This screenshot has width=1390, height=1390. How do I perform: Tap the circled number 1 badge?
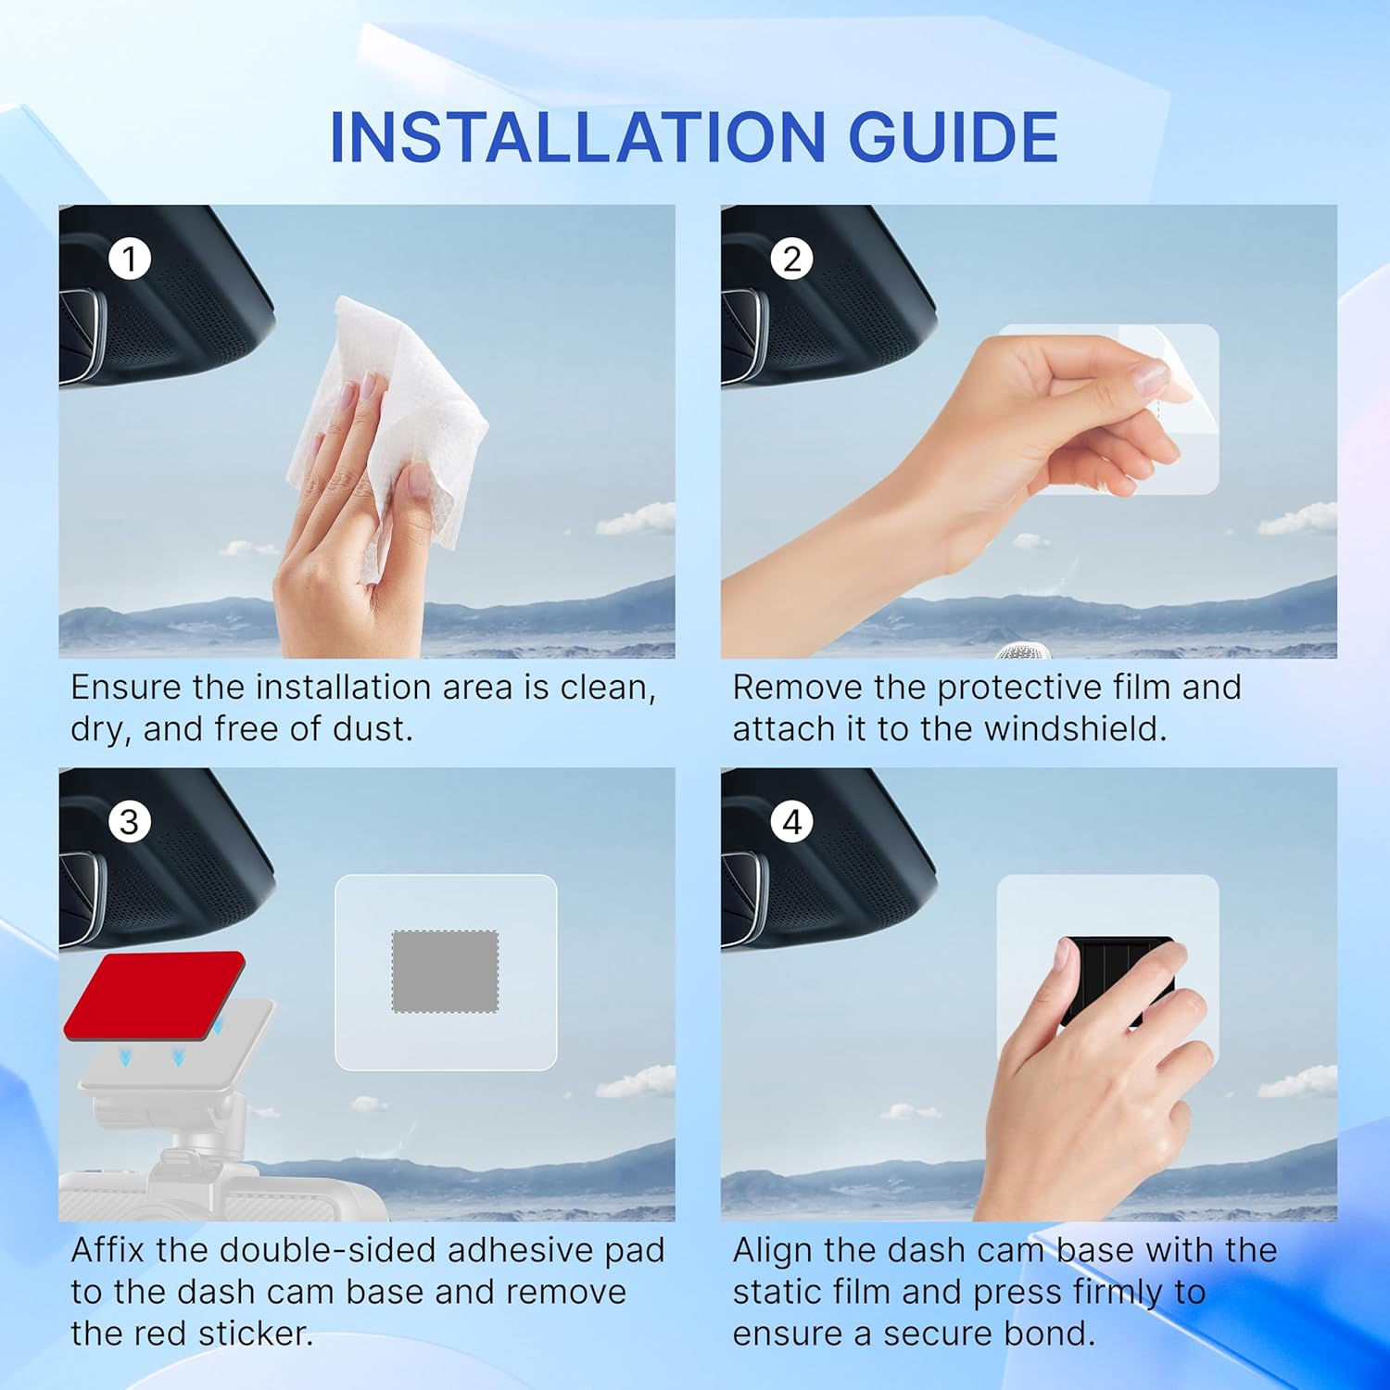pyautogui.click(x=130, y=259)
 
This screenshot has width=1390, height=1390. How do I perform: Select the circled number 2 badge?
pyautogui.click(x=791, y=259)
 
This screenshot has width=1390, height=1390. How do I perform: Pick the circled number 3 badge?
pyautogui.click(x=130, y=822)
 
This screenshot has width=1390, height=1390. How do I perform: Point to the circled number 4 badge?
pyautogui.click(x=791, y=822)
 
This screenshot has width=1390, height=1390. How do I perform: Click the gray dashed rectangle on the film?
pyautogui.click(x=445, y=971)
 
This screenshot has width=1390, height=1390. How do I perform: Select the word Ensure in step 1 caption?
pyautogui.click(x=126, y=688)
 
